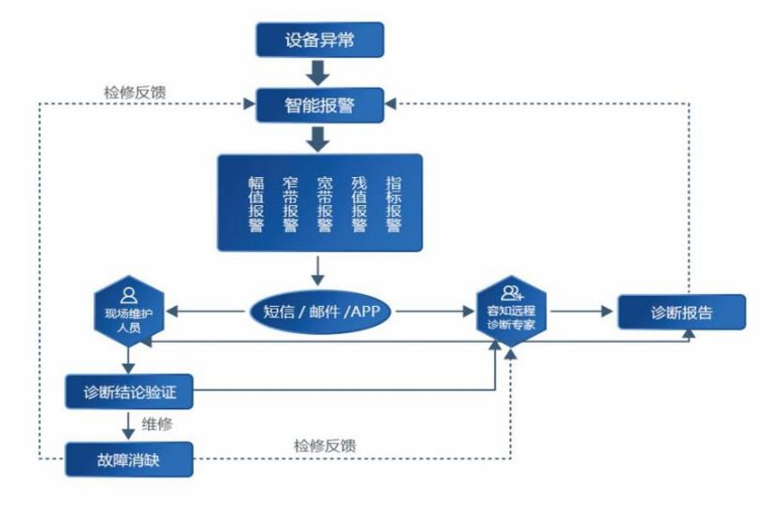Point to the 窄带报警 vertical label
[x=290, y=204]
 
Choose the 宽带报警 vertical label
[x=325, y=204]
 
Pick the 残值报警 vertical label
[x=358, y=204]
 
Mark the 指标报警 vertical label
[x=393, y=204]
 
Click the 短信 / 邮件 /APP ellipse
[x=320, y=314]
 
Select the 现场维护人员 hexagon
[x=130, y=314]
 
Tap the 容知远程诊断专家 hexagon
[x=512, y=314]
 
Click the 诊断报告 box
[x=680, y=313]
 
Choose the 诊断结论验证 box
[x=130, y=390]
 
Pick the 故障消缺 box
[x=130, y=460]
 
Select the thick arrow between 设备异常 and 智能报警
[x=319, y=71]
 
